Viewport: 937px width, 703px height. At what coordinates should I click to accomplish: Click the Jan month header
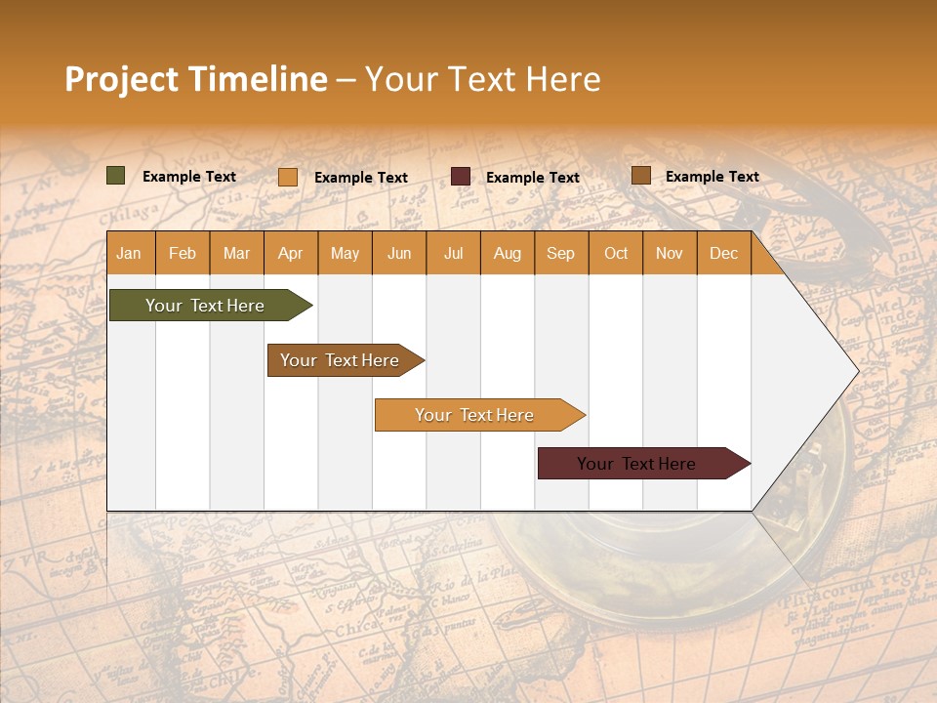tap(129, 253)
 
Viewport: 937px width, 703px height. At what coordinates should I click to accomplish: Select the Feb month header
tap(183, 253)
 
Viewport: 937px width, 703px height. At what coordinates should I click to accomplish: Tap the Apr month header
tap(291, 253)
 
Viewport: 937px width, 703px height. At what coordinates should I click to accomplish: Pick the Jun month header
tap(399, 253)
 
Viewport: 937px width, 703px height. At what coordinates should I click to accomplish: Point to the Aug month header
tap(508, 253)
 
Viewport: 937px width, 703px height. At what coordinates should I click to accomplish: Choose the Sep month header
tap(561, 253)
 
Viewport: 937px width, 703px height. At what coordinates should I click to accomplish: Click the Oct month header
tap(616, 253)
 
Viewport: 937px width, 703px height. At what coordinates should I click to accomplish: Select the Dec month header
tap(724, 253)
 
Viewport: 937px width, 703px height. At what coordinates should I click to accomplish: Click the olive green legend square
tap(116, 176)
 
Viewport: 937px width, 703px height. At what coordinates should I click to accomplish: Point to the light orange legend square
tap(288, 177)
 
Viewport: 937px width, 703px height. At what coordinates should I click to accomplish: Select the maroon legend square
tap(461, 177)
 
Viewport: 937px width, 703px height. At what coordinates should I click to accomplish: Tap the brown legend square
tap(641, 176)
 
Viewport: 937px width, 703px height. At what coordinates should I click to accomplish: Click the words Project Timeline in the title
tap(196, 79)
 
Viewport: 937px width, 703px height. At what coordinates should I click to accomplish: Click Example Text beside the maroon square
tap(533, 177)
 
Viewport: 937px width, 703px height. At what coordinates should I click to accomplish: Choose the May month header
tap(345, 253)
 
